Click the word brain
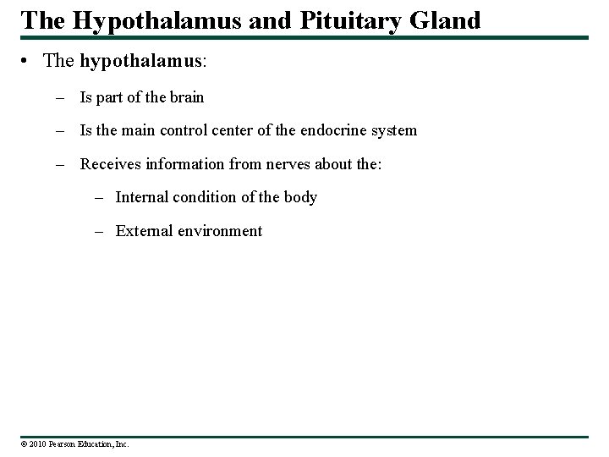click(186, 96)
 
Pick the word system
click(394, 129)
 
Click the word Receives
click(110, 162)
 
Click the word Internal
click(142, 196)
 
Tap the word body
click(301, 196)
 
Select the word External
click(144, 230)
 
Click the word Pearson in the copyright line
click(64, 443)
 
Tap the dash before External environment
click(101, 230)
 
